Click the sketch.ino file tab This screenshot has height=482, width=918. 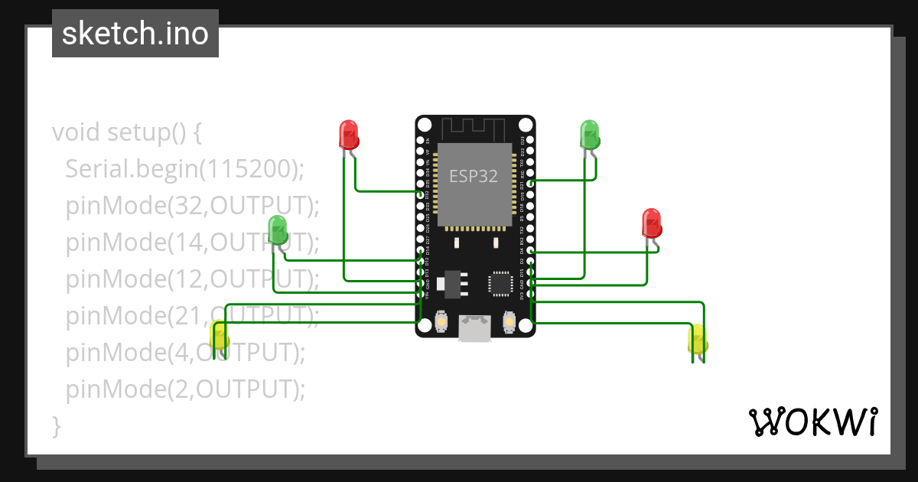[135, 34]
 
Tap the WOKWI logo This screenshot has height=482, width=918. [812, 422]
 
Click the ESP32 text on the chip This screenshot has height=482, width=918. [474, 176]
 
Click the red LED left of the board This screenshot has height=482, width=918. [349, 135]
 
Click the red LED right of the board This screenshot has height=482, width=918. [652, 223]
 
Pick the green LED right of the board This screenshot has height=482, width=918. [589, 135]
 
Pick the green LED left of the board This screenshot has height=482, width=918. [278, 230]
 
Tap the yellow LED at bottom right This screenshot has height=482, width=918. [698, 339]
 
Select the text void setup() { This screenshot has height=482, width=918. [127, 132]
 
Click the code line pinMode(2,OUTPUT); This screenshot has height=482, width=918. [185, 389]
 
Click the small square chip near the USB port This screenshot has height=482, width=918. [501, 283]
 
